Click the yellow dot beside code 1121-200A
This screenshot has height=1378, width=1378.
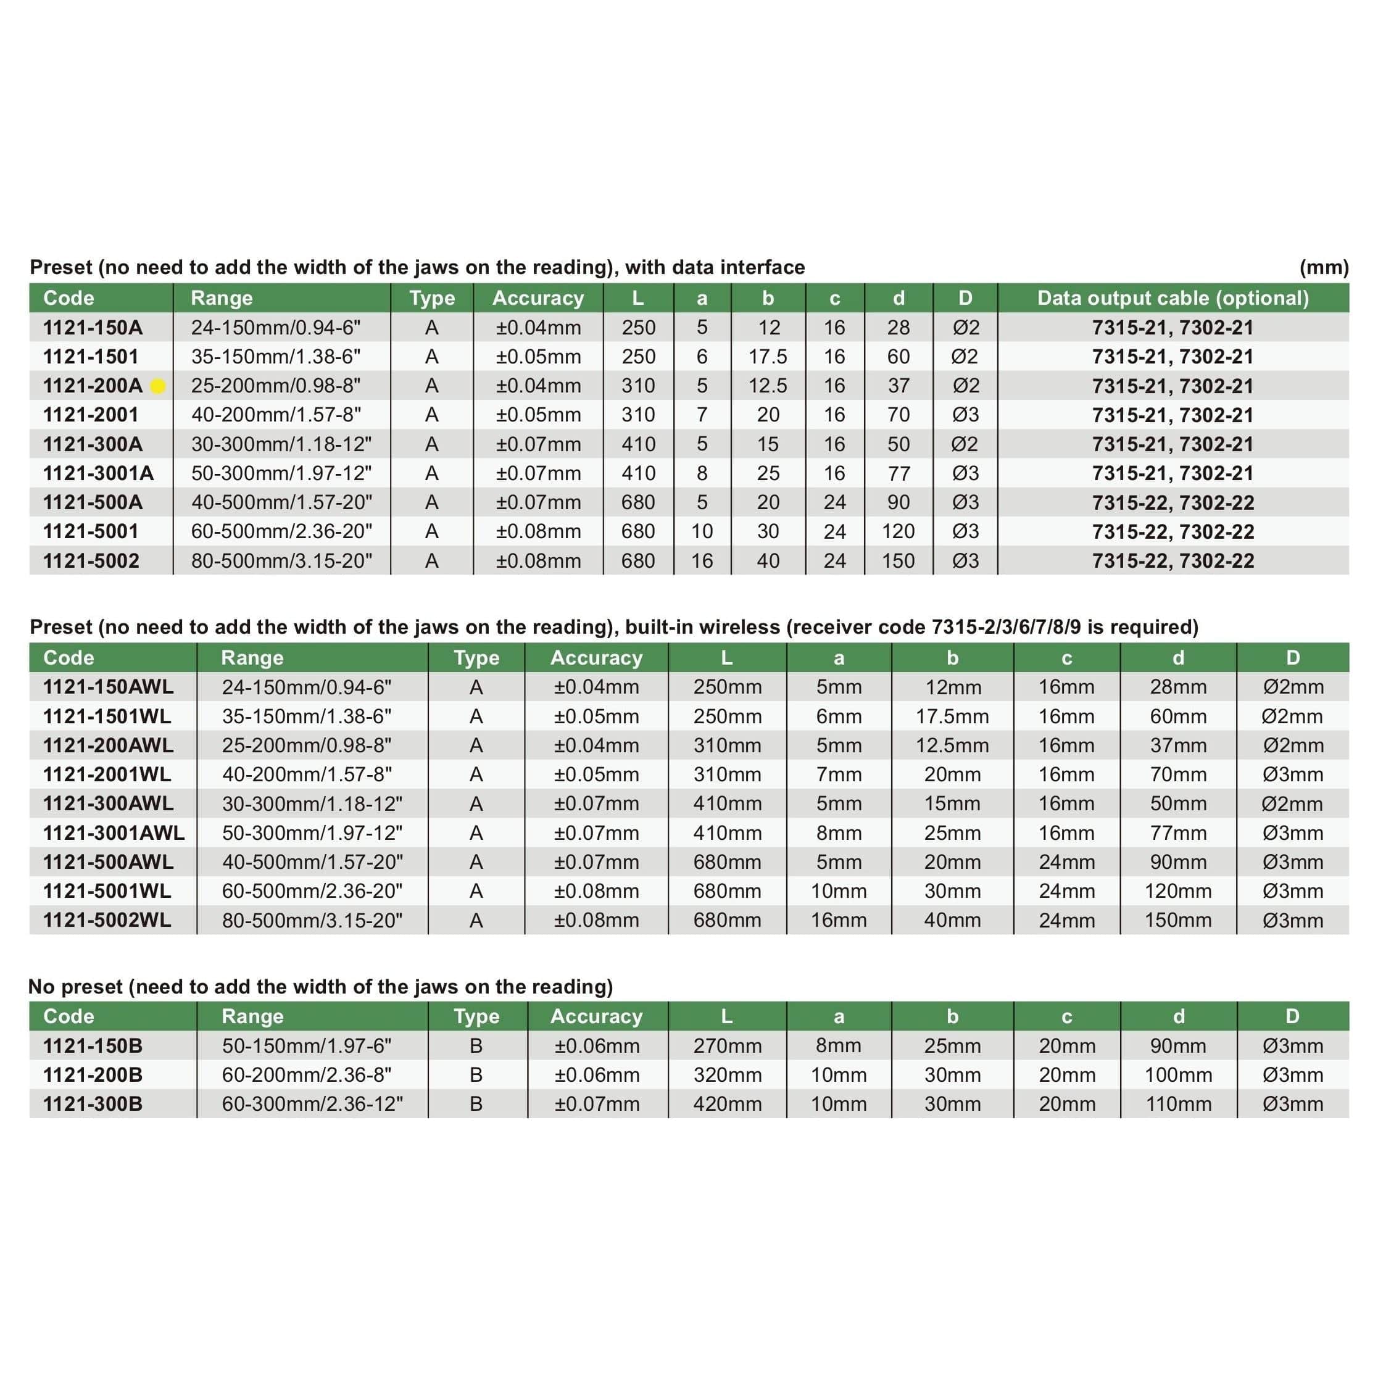pyautogui.click(x=159, y=386)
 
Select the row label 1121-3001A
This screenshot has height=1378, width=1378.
pyautogui.click(x=99, y=473)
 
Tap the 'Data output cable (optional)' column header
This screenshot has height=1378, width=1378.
pyautogui.click(x=1173, y=298)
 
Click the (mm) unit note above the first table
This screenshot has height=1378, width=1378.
pyautogui.click(x=1324, y=267)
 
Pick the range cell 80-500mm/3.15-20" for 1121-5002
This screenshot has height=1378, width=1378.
pyautogui.click(x=282, y=560)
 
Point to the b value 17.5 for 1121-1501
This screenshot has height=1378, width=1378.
pyautogui.click(x=768, y=357)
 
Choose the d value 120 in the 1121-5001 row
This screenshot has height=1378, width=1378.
pyautogui.click(x=898, y=531)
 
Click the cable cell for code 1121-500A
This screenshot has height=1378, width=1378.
pyautogui.click(x=1173, y=502)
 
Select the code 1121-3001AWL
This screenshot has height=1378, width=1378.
pyautogui.click(x=114, y=832)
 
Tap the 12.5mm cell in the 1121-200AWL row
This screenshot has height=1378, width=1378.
pyautogui.click(x=952, y=745)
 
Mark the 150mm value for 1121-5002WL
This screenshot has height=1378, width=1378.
pyautogui.click(x=1177, y=920)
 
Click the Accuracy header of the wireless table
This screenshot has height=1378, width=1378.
pyautogui.click(x=596, y=658)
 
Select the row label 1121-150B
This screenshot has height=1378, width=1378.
pyautogui.click(x=93, y=1045)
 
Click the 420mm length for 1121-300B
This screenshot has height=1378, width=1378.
pyautogui.click(x=727, y=1104)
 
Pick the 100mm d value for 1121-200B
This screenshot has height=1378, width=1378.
pyautogui.click(x=1177, y=1075)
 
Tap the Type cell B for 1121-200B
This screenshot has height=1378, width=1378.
pyautogui.click(x=476, y=1075)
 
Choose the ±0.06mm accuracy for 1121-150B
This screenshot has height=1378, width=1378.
pyautogui.click(x=596, y=1045)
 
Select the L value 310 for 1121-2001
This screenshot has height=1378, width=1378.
pyautogui.click(x=637, y=415)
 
